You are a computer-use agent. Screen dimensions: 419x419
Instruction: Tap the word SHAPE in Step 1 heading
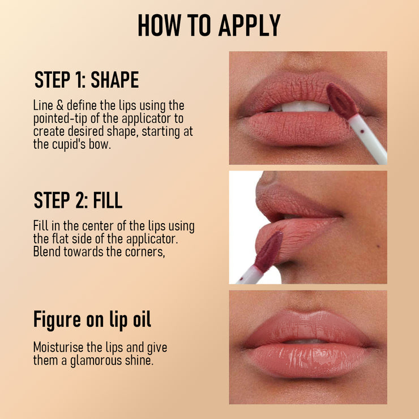pyautogui.click(x=114, y=80)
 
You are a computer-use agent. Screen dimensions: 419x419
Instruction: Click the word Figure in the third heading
pyautogui.click(x=58, y=319)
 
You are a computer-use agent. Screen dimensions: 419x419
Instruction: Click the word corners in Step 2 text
pyautogui.click(x=145, y=251)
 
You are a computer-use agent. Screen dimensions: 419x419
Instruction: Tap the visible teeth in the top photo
pyautogui.click(x=306, y=106)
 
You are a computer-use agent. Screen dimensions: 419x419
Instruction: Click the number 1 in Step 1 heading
pyautogui.click(x=79, y=80)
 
